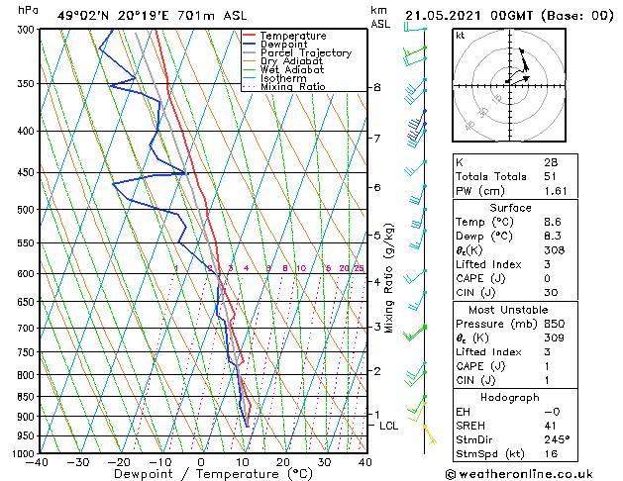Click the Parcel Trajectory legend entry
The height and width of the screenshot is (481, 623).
click(305, 52)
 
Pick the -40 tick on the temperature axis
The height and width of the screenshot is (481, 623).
click(37, 461)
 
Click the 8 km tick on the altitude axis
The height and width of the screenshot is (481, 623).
click(376, 88)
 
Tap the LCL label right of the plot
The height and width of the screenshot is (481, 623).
click(389, 426)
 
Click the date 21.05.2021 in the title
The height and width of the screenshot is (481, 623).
click(446, 15)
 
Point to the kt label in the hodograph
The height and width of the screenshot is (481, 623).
click(461, 35)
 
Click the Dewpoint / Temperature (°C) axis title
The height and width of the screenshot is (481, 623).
click(200, 474)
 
